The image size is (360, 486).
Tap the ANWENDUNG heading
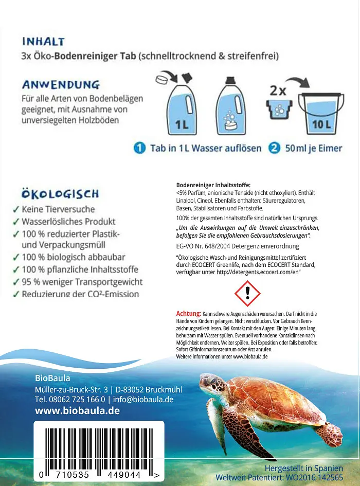pos(60,84)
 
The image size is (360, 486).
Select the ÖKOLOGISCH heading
pos(60,194)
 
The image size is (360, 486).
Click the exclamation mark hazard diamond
pos(247,293)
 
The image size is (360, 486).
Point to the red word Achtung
pos(188,313)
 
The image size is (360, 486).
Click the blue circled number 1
pos(139,148)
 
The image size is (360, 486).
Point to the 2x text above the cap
pos(278,92)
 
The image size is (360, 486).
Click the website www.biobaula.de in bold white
pos(77,410)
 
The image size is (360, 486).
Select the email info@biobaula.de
pos(144,399)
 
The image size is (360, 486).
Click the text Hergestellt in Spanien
pos(303,468)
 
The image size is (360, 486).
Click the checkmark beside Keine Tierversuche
pos(16,209)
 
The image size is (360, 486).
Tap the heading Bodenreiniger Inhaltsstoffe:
pos(213,185)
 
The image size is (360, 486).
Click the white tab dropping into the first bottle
pos(162,80)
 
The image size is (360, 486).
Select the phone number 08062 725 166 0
pos(77,399)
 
